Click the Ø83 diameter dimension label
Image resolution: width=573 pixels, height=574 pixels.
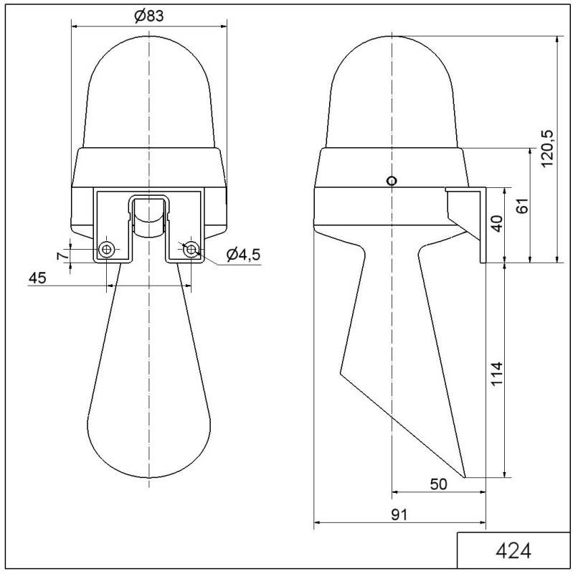click(148, 16)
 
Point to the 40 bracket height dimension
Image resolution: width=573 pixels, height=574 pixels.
click(496, 226)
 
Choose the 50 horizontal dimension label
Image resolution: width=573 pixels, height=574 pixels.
click(438, 484)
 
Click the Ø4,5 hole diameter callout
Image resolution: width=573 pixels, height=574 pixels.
click(242, 255)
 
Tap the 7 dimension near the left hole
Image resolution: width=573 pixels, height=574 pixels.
click(62, 254)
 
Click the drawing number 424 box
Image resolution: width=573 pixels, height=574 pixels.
click(513, 551)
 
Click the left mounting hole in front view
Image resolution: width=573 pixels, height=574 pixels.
click(106, 249)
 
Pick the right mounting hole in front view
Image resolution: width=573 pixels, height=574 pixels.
click(191, 249)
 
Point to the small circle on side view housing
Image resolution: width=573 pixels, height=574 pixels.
click(391, 181)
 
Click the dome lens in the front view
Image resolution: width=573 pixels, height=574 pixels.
click(148, 93)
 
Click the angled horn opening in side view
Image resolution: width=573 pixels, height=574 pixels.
click(402, 423)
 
